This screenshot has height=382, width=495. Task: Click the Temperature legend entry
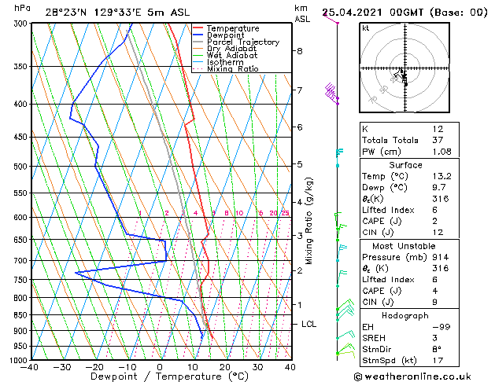(232, 28)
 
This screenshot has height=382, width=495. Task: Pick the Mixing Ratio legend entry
(232, 69)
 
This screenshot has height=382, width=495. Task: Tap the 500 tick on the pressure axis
(18, 167)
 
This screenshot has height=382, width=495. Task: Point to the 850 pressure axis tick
(18, 315)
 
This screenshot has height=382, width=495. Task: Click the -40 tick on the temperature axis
(31, 367)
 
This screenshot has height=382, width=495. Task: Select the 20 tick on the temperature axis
(225, 367)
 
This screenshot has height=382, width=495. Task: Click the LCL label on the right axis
(309, 324)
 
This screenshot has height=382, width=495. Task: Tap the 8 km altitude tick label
(300, 51)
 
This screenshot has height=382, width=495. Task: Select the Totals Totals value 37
(438, 140)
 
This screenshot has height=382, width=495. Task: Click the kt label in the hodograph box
(365, 28)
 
